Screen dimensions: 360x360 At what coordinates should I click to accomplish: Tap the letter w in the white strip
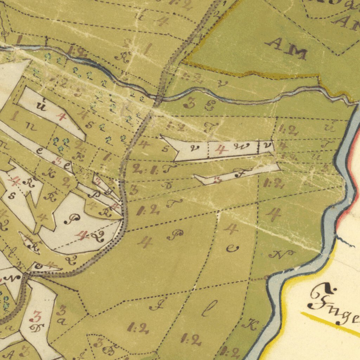244,146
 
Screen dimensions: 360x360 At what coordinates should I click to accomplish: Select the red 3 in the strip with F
217,180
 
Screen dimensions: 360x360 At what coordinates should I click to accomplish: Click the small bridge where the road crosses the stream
158,99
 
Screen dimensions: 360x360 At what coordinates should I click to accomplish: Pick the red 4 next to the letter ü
62,116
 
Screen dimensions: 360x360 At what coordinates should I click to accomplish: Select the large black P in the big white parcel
73,220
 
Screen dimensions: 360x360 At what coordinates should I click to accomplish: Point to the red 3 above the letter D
36,317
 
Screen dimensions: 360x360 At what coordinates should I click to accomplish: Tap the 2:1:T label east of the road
154,169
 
